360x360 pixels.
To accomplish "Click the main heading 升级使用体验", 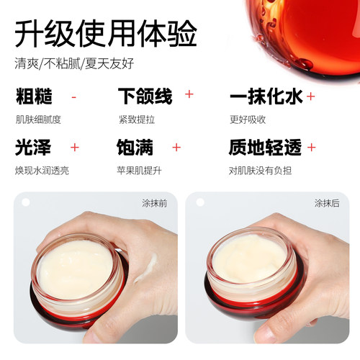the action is (x=106, y=33).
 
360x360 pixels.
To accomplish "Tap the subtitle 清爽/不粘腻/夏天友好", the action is (x=74, y=63).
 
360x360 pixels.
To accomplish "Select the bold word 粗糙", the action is (x=34, y=96).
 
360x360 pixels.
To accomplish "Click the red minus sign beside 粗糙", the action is (x=74, y=97).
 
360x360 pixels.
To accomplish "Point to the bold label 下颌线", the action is (x=145, y=96).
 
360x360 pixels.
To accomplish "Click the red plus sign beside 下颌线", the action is (x=189, y=94).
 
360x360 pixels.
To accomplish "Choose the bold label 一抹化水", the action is (x=266, y=96).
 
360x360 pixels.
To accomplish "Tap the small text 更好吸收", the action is (x=248, y=120).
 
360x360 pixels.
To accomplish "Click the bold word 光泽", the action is (x=33, y=147).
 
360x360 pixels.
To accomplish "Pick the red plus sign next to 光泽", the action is (x=75, y=148).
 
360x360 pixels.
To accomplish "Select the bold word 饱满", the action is (x=135, y=147).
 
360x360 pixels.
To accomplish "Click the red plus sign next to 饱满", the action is (x=176, y=148).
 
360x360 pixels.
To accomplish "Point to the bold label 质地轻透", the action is (x=265, y=147).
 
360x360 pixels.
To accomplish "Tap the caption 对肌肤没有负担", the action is (x=260, y=171).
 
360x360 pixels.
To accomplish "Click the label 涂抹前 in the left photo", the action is (x=154, y=203).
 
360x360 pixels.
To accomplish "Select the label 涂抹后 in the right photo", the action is (x=327, y=203).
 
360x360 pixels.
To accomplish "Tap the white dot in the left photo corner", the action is (x=26, y=202).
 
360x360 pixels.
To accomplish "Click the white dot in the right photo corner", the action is (x=200, y=202).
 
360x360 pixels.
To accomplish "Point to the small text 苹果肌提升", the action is (x=139, y=171).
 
